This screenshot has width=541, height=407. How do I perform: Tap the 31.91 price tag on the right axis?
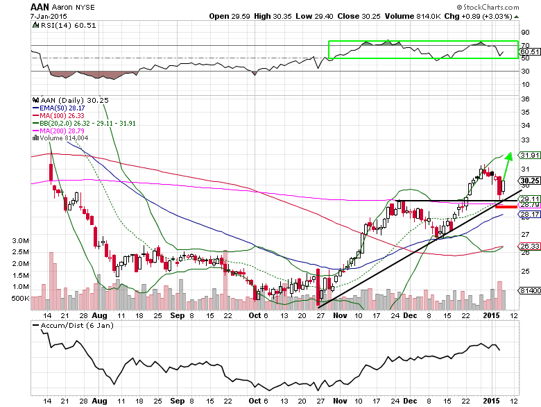pyautogui.click(x=529, y=155)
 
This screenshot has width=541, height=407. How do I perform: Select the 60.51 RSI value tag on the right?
pyautogui.click(x=529, y=51)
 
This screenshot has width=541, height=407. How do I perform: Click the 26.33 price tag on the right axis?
pyautogui.click(x=529, y=246)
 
